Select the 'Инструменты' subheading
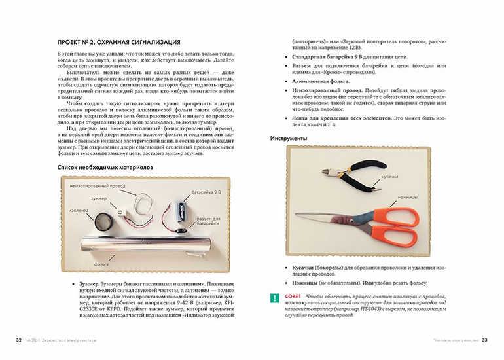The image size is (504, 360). coord(289,139)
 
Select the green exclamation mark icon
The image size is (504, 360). coord(274,298)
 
